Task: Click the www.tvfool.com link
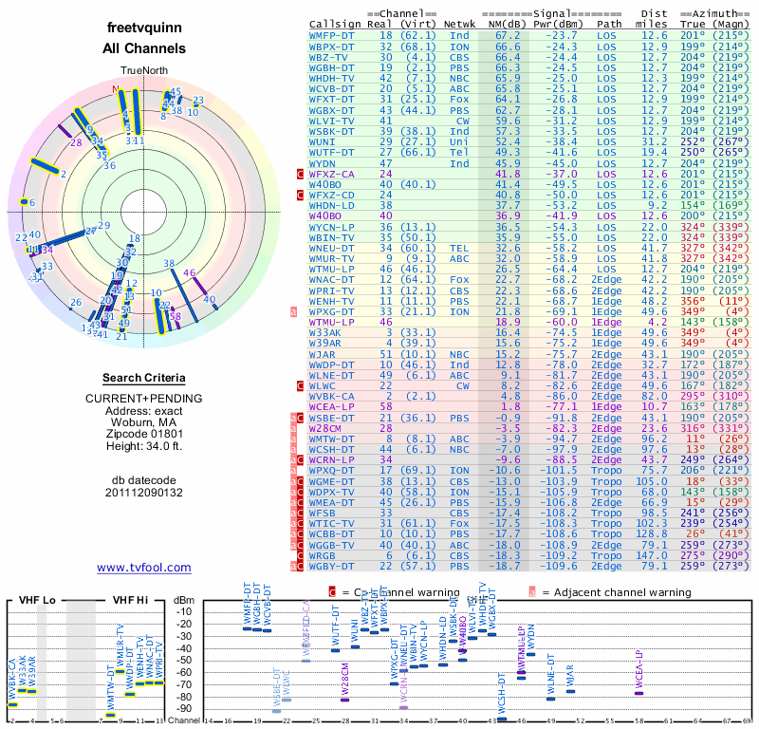click(x=143, y=568)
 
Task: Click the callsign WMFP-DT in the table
click(x=332, y=34)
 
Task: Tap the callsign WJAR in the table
click(x=323, y=353)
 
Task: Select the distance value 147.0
click(x=654, y=555)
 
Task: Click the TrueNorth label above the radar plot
click(x=142, y=72)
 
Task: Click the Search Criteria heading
click(x=144, y=378)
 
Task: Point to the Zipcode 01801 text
click(x=144, y=429)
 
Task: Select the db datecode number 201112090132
click(x=144, y=493)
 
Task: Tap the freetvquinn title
click(x=144, y=28)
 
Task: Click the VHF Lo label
click(x=37, y=601)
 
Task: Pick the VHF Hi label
click(x=130, y=601)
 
